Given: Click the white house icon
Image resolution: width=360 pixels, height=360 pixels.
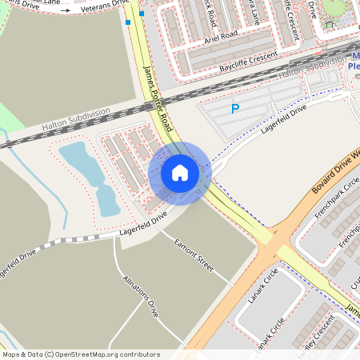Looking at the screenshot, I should pyautogui.click(x=180, y=172).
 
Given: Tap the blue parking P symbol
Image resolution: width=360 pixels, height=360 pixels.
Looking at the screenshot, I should pyautogui.click(x=235, y=109).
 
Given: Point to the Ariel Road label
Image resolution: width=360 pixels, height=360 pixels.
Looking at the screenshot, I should pyautogui.click(x=221, y=35).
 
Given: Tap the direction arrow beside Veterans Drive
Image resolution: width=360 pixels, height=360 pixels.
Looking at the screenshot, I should pyautogui.click(x=66, y=11).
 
